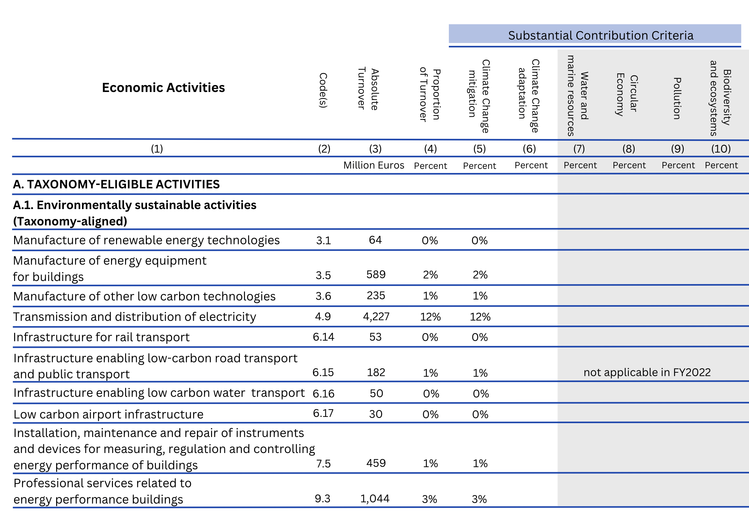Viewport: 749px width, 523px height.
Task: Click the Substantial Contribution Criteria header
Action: (601, 35)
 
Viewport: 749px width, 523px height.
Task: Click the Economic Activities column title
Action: (163, 88)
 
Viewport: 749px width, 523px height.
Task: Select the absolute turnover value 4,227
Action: (376, 316)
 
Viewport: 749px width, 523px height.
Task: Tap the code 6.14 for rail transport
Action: (323, 337)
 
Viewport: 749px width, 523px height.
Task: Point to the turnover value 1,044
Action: (375, 499)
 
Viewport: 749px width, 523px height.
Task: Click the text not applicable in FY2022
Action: (647, 372)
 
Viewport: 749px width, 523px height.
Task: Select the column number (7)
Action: (579, 149)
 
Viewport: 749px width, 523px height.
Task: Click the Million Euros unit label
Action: (374, 165)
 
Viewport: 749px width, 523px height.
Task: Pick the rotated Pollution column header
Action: (677, 98)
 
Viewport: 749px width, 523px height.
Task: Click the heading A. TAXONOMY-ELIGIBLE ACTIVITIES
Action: (116, 185)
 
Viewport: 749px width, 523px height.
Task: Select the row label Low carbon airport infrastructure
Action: (108, 414)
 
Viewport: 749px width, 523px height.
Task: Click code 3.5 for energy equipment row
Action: (323, 275)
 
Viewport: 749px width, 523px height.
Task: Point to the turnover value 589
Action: (376, 274)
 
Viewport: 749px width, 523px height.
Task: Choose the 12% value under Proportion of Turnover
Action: (430, 317)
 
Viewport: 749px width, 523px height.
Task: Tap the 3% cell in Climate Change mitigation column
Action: (479, 499)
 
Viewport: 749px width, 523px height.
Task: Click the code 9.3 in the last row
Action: (322, 499)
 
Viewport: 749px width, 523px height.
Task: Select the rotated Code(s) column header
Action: (323, 90)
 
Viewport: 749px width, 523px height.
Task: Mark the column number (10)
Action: (721, 149)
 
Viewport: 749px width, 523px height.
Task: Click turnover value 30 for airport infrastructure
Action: (375, 414)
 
